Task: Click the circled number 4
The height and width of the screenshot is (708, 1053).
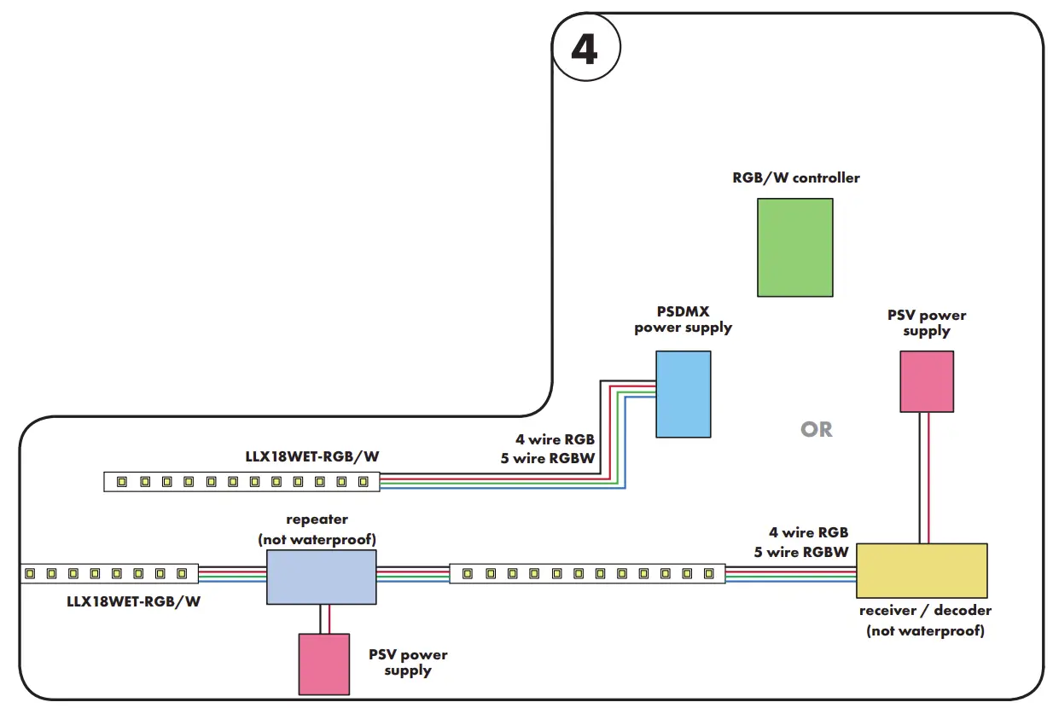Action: (585, 49)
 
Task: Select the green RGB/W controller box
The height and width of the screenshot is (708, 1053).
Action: (794, 247)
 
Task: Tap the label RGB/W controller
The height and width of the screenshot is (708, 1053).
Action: (795, 178)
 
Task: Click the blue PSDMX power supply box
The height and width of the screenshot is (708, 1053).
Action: (683, 394)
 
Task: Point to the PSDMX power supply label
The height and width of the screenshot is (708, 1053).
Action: (683, 320)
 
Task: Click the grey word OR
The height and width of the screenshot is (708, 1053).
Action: (816, 429)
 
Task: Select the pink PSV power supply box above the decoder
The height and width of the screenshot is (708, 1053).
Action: (927, 381)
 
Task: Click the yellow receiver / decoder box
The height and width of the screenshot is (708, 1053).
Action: (922, 570)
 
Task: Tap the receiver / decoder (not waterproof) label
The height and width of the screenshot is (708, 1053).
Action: (925, 621)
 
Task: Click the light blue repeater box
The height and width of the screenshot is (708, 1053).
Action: (321, 577)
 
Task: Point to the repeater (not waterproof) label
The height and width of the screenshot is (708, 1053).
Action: (317, 529)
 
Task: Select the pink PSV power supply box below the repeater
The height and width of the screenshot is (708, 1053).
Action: (323, 664)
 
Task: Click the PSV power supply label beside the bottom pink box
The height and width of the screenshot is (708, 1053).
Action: (408, 663)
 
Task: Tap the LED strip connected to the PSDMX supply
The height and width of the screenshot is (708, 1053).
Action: (241, 482)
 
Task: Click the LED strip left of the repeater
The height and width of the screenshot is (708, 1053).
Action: (109, 573)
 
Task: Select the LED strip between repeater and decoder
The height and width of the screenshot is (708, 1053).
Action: (587, 573)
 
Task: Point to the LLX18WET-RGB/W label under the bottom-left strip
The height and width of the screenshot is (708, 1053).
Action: (134, 601)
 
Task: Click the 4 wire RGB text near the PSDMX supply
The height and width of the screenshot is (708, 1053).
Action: (555, 440)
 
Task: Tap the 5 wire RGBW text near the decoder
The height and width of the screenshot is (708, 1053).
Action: (801, 552)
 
